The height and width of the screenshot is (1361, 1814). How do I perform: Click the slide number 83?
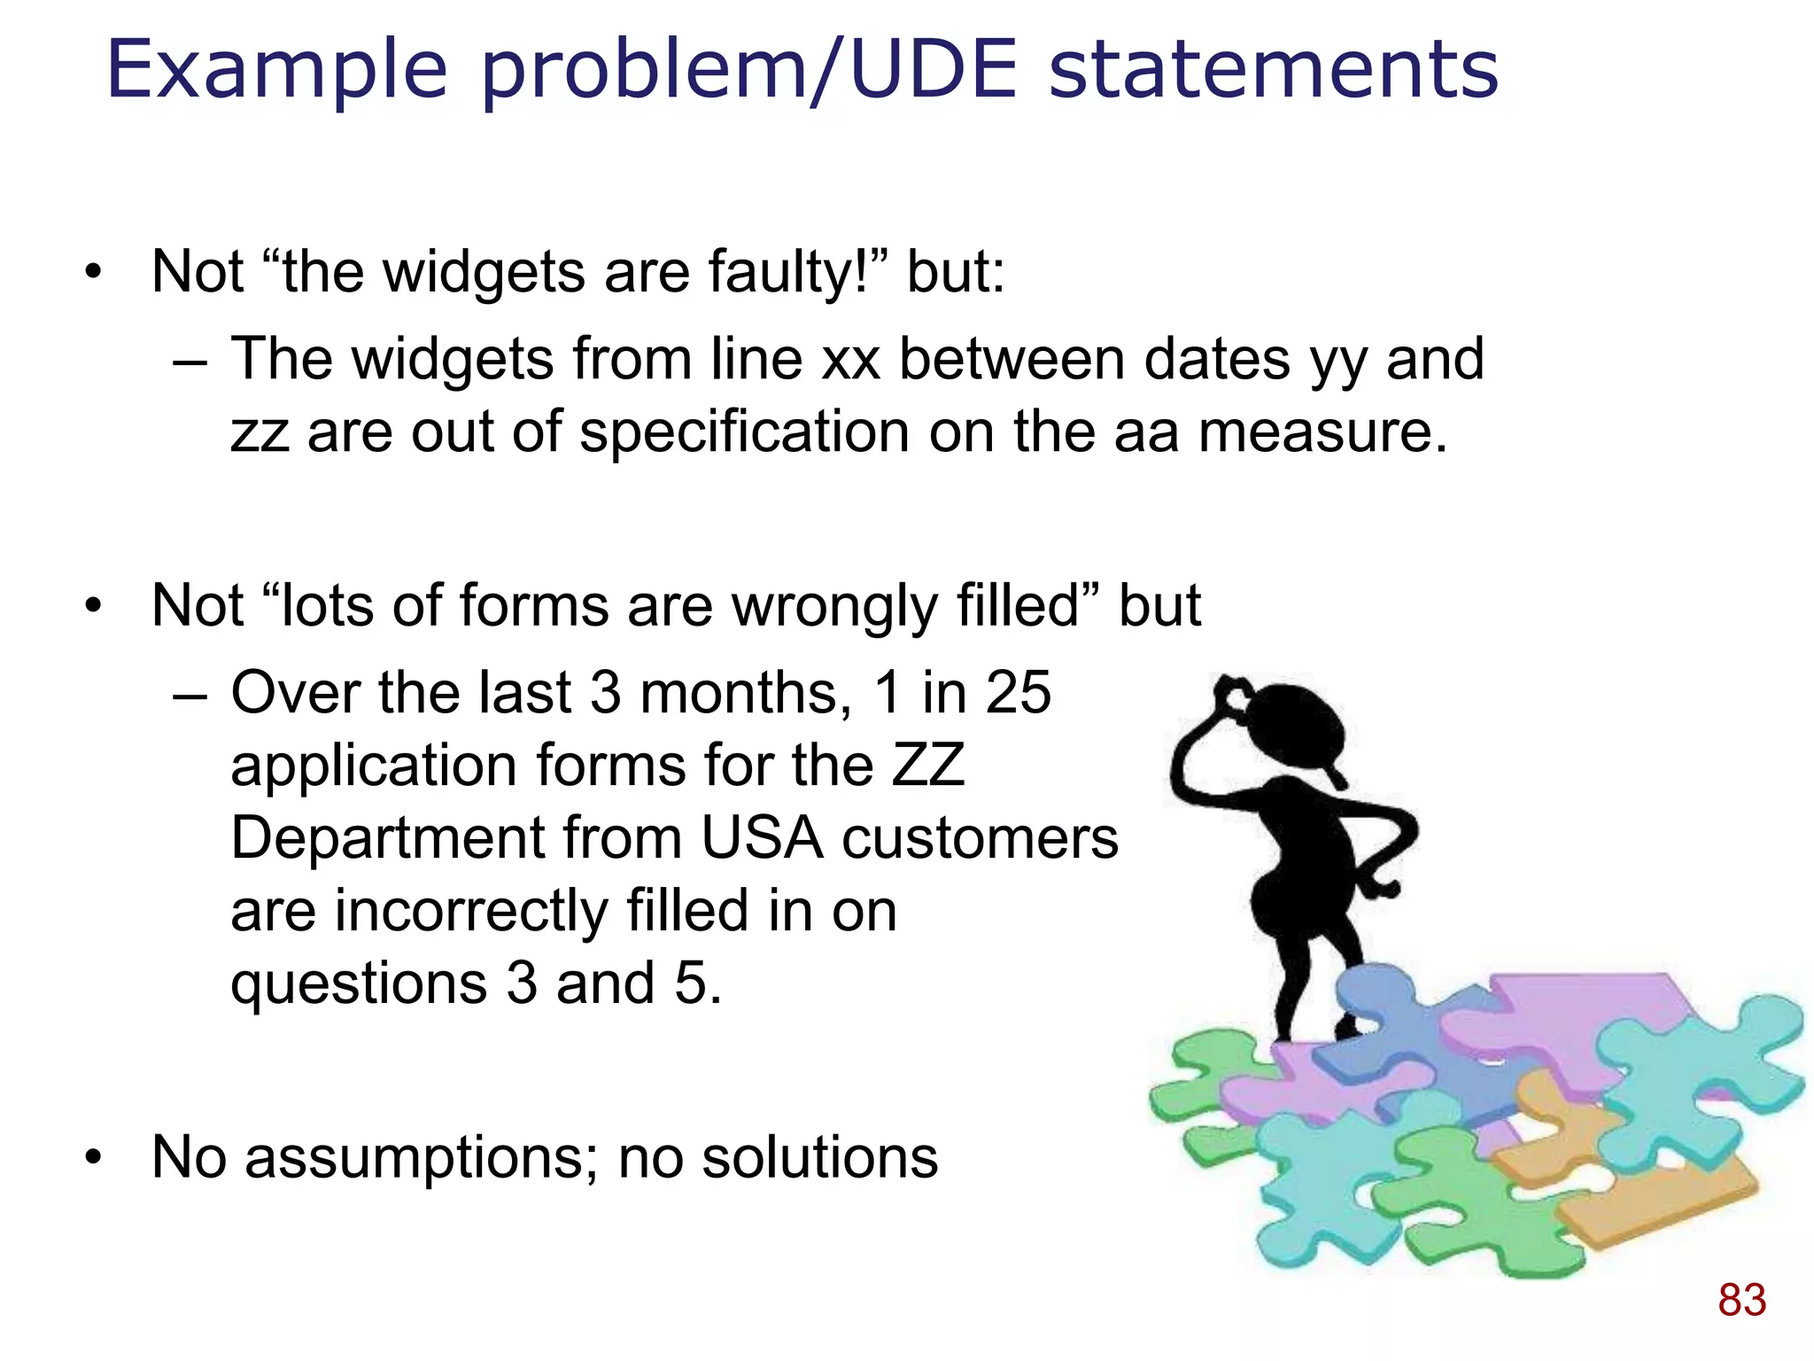1741,1301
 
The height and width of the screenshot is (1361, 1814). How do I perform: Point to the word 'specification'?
745,434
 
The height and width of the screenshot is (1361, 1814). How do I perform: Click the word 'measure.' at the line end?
1322,432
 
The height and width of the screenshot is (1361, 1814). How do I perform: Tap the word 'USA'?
763,838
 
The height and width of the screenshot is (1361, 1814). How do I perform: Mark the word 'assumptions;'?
422,1159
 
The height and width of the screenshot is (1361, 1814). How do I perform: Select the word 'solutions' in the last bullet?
820,1157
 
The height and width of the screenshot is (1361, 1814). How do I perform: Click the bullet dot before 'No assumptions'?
94,1159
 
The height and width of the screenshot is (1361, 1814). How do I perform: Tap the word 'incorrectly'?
470,913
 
